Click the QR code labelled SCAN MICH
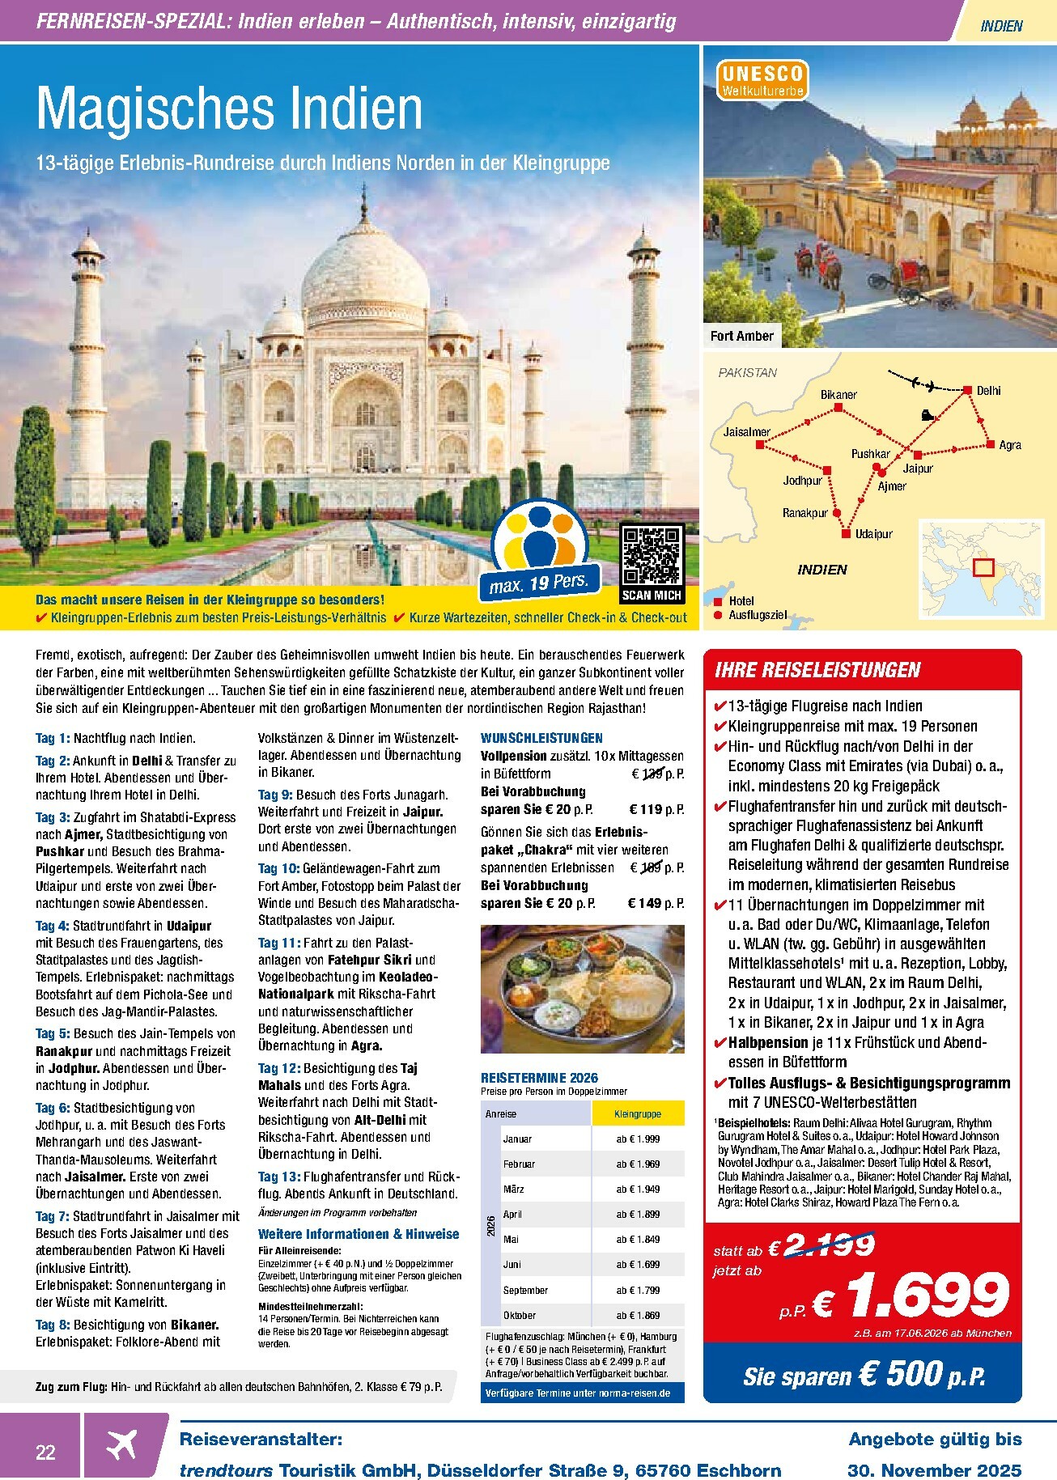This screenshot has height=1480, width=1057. (652, 555)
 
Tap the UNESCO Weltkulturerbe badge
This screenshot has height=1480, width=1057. (760, 81)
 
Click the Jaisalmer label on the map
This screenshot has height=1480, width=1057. (747, 432)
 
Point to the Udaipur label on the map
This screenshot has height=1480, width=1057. (874, 534)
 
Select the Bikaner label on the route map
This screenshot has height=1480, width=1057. (838, 395)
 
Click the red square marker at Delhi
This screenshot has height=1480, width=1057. (967, 391)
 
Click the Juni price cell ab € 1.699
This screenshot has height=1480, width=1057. (638, 1264)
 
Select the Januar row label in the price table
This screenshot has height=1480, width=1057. (517, 1139)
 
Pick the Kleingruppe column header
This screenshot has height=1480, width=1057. (638, 1113)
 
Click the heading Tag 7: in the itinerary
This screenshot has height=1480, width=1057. (52, 1216)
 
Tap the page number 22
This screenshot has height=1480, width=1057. (45, 1452)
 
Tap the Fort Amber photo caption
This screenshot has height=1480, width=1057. (742, 336)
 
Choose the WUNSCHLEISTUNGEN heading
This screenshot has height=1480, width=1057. (541, 738)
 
